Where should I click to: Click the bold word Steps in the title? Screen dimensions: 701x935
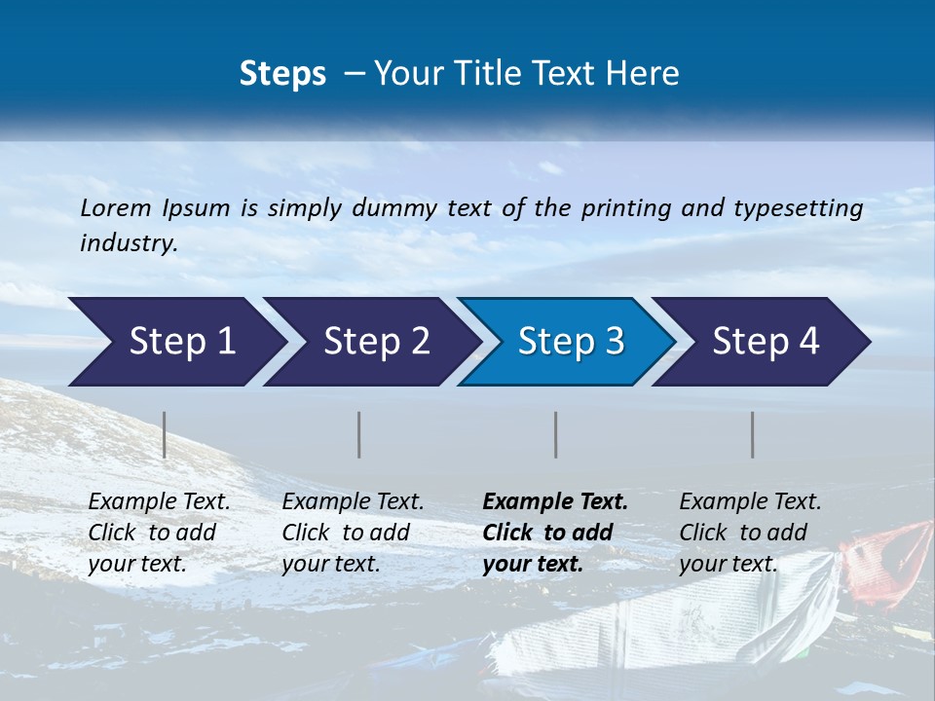pos(282,74)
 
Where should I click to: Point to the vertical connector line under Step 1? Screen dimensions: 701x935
pos(165,434)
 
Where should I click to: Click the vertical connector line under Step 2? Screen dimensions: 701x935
pos(359,434)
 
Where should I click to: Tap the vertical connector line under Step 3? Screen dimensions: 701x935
pos(556,434)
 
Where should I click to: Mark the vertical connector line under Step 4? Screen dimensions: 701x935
pos(753,434)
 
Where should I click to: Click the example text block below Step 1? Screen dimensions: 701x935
pos(159,533)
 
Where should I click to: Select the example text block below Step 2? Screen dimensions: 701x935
pos(353,533)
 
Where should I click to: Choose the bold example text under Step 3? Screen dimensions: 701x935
pos(555,533)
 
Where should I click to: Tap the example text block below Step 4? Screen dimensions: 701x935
pos(750,533)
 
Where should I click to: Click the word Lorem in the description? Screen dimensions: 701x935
pos(116,207)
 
